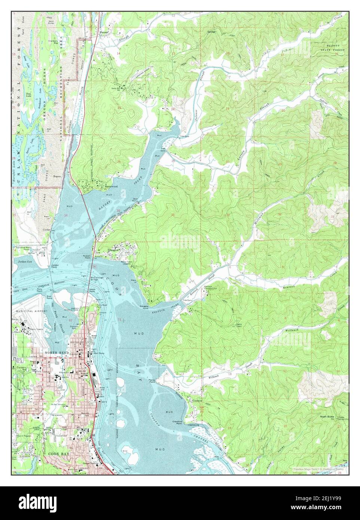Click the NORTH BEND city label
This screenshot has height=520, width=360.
(x=55, y=353)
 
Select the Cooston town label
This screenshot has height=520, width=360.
(x=197, y=400)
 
